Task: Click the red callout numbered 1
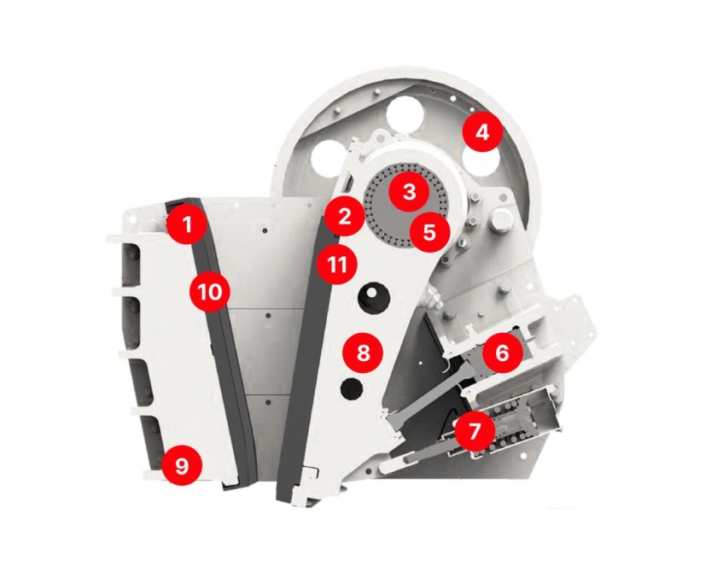187,224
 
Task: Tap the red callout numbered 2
345,216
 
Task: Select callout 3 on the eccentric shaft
409,192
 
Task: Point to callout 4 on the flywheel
482,132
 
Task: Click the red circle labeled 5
429,232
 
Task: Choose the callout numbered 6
502,353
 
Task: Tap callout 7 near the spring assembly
475,431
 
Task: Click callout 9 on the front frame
182,466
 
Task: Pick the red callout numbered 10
210,292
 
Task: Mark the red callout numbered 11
337,264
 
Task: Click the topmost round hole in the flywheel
405,114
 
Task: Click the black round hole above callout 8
374,297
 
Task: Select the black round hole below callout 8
352,390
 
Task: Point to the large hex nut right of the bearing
502,219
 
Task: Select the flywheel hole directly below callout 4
480,162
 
